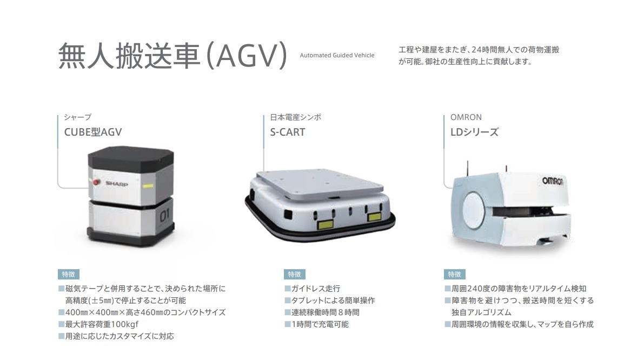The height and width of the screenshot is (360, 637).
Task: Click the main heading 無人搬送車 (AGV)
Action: pos(173,56)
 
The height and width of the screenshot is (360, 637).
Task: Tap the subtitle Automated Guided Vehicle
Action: pos(337,55)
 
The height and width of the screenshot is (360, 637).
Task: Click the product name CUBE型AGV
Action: pos(93,132)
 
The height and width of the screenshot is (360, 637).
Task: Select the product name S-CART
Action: pos(288,132)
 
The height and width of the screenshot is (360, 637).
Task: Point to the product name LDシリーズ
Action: pos(474,132)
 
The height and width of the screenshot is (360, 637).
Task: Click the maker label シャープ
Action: pos(77,117)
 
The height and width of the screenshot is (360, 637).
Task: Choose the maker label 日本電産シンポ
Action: pos(296,117)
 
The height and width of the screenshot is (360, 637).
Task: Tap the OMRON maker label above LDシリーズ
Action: pos(466,117)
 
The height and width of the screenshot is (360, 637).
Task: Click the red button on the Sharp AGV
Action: pos(97,182)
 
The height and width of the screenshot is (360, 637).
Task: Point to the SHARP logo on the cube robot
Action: pos(117,184)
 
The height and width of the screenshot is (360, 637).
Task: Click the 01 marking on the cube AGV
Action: pos(164,215)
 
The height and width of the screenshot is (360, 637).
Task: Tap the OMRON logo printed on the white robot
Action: pos(553,181)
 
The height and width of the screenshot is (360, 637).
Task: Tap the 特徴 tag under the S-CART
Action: pos(294,274)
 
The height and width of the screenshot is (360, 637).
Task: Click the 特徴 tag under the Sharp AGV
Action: pos(68,274)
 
